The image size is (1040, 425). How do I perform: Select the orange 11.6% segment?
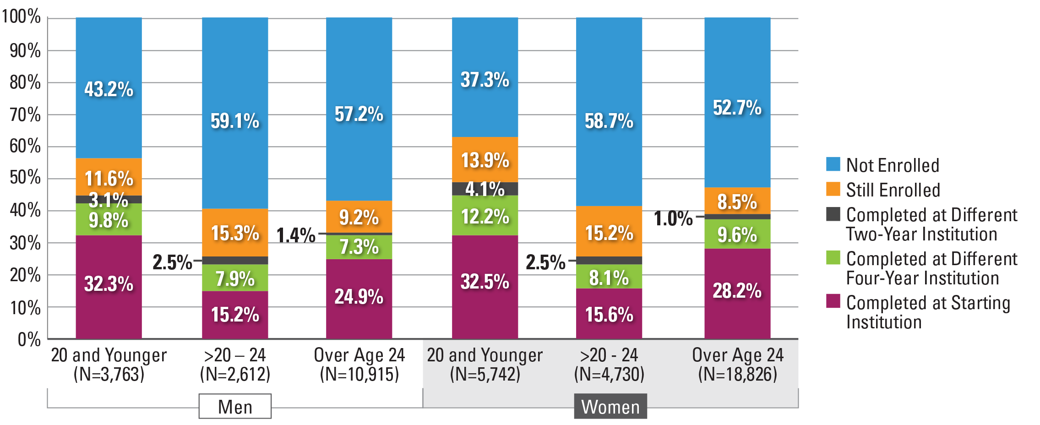(109, 177)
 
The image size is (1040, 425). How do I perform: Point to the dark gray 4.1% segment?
(485, 189)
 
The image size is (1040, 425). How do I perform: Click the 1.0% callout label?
(673, 218)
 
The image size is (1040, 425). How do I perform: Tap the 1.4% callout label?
(296, 235)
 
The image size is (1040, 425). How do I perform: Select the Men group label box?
(235, 406)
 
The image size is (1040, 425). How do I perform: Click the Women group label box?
(610, 406)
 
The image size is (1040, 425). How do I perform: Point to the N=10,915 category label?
(359, 374)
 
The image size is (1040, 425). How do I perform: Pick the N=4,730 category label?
(609, 374)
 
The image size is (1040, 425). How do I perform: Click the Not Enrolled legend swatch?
(833, 164)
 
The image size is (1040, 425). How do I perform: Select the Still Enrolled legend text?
(893, 190)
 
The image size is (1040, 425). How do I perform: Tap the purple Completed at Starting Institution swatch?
(833, 301)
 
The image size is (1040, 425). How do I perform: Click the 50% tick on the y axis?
(25, 178)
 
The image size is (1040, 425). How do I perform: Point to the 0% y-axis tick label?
(29, 339)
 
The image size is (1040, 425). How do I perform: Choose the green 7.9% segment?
(235, 278)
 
